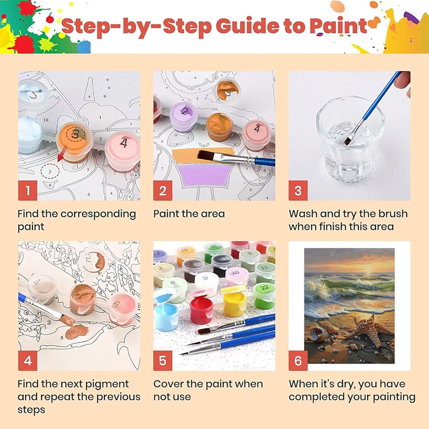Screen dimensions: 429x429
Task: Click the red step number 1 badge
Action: (28, 190)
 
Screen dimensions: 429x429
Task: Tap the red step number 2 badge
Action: (163, 190)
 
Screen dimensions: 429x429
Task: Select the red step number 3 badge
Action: (298, 190)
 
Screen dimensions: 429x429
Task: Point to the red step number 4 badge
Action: (28, 361)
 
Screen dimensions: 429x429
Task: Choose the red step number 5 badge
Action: (163, 361)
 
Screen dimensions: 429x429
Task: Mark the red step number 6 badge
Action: (298, 361)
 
